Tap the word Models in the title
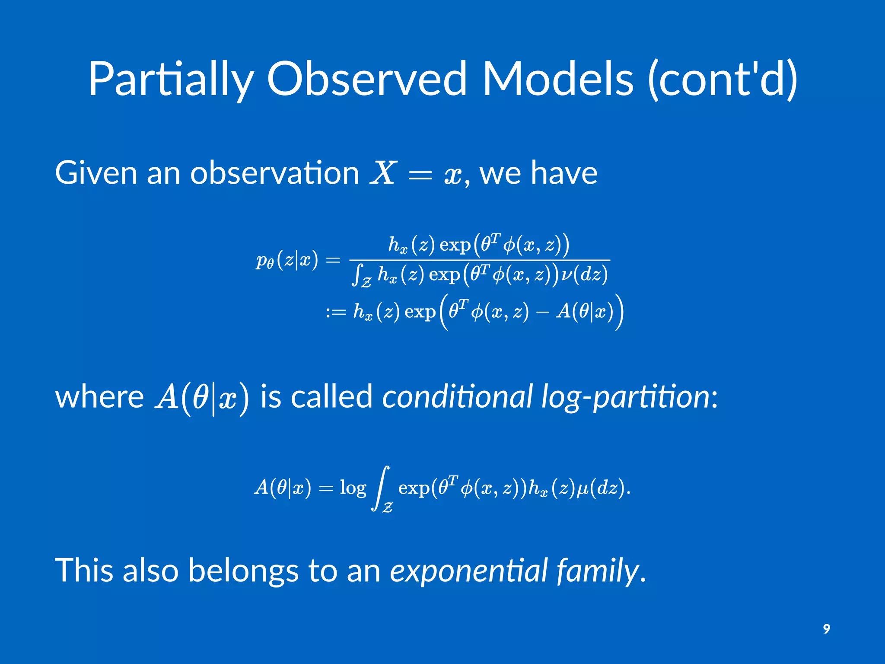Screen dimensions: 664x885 tap(557, 79)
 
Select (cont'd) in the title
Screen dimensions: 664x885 tap(723, 79)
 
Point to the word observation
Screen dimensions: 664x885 tap(275, 173)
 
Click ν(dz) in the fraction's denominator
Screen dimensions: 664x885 tap(584, 274)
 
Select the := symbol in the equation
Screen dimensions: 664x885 tap(336, 312)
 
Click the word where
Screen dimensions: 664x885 tap(99, 397)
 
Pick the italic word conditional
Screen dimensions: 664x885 tap(457, 397)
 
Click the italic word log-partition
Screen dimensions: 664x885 tap(625, 397)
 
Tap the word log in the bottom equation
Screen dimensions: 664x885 tap(353, 488)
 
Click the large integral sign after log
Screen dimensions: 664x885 tap(382, 488)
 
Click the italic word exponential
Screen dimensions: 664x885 tap(469, 571)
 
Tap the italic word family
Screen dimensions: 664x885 tap(598, 571)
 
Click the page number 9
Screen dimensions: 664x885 tap(826, 629)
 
